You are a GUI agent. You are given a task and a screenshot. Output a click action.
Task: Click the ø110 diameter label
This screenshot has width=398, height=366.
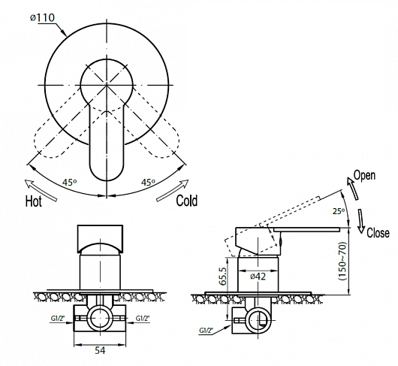[x=42, y=17]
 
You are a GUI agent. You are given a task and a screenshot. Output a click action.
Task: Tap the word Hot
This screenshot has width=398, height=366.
[x=34, y=201]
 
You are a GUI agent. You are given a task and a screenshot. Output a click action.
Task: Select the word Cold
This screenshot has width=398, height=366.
[x=186, y=201]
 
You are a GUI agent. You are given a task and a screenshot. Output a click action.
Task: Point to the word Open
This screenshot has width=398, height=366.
[x=364, y=176]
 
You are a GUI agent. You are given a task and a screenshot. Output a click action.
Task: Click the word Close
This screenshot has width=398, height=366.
[x=378, y=233]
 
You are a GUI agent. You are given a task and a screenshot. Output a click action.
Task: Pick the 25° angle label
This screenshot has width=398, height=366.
[x=339, y=211]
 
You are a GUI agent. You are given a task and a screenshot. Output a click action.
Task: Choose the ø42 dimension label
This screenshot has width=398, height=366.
[x=258, y=276]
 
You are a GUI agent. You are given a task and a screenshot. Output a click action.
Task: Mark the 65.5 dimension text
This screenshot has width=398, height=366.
[x=222, y=276]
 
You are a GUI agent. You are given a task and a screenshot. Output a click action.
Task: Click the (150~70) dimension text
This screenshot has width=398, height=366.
[x=342, y=261]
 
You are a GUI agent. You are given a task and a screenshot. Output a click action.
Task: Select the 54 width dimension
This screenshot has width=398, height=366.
[x=100, y=350]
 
